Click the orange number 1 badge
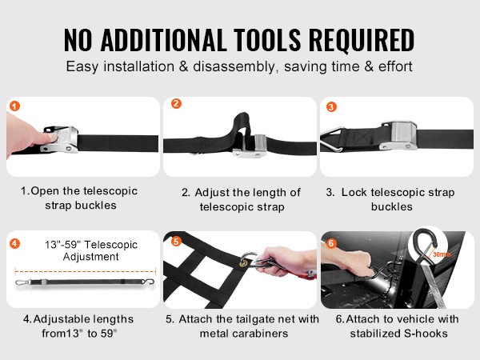14,106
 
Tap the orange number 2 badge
176,103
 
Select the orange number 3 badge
331,107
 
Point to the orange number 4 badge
14,244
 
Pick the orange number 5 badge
176,241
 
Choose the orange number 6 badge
331,243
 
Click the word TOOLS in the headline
267,40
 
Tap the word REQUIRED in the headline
362,40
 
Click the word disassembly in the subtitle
235,66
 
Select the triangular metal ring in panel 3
332,140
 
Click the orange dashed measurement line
86,271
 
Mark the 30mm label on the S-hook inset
442,254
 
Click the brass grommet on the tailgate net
244,262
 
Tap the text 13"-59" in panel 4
62,245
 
